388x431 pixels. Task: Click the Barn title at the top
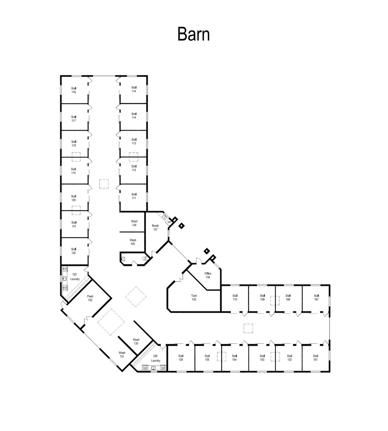(x=194, y=34)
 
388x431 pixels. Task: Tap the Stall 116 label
(x=74, y=90)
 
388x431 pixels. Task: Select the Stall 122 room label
(x=74, y=251)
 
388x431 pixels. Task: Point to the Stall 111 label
(x=134, y=196)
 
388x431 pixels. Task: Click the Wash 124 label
(x=134, y=223)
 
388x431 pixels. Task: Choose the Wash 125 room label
(x=133, y=242)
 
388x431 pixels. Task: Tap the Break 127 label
(x=155, y=227)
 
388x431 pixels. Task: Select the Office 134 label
(x=208, y=275)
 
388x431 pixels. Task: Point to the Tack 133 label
(x=194, y=297)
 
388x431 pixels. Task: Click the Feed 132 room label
(x=90, y=298)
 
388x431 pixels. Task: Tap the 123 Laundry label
(x=75, y=277)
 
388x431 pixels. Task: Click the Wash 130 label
(x=136, y=341)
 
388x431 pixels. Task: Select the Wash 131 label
(x=122, y=354)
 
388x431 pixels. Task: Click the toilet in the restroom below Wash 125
(x=145, y=258)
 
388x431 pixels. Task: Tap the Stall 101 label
(x=315, y=358)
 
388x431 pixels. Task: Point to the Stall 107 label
(x=316, y=297)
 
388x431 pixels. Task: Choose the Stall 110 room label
(x=235, y=297)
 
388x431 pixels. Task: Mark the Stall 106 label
(x=181, y=358)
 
